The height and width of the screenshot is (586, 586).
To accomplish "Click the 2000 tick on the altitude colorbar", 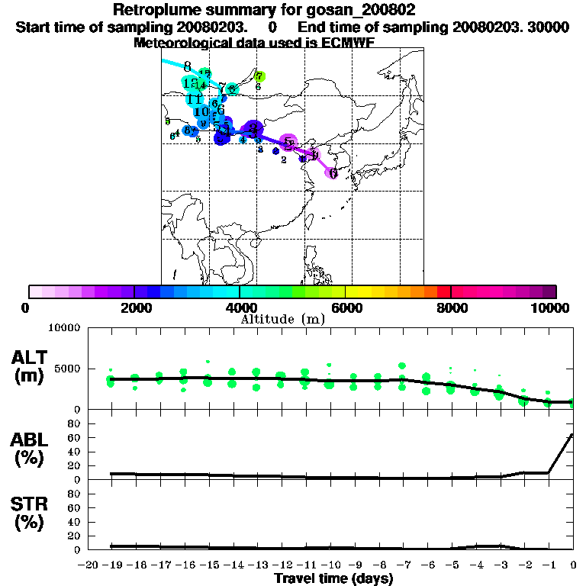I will coord(134,307).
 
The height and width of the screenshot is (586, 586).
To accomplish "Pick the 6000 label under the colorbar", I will coord(345,307).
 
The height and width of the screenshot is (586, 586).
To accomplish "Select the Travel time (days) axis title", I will coord(334,579).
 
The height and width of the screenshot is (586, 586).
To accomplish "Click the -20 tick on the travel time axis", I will coord(89,565).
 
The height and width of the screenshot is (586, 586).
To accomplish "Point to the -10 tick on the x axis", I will coord(330,565).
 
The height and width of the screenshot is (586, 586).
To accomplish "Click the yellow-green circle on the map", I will coord(259,76).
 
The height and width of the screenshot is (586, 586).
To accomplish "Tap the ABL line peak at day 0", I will coord(572,435).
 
